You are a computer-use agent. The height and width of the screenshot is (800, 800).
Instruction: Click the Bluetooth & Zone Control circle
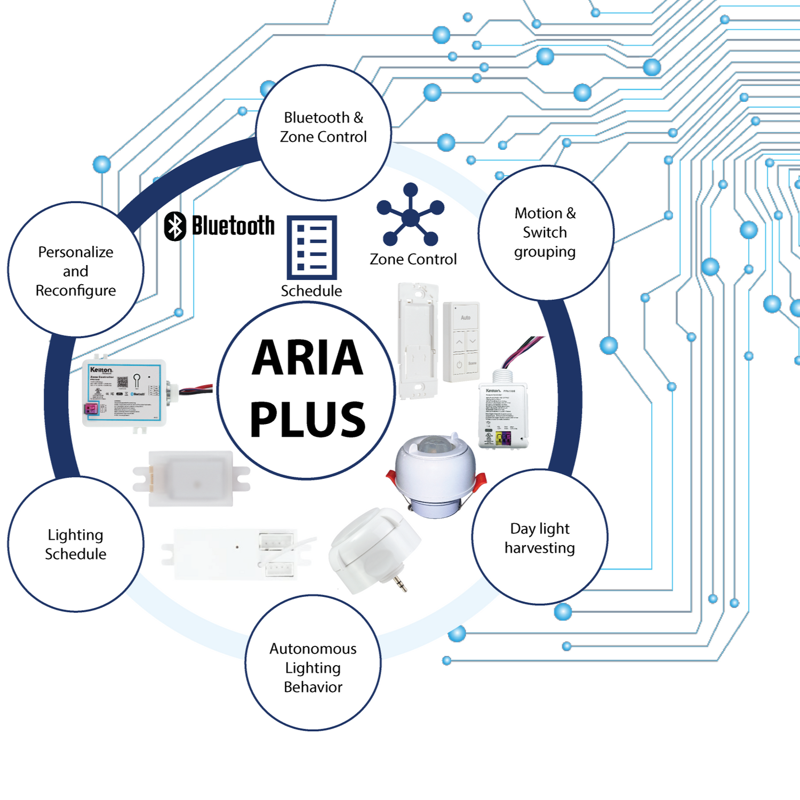click(323, 132)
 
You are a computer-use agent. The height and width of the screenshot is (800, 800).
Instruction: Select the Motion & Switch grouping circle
click(545, 233)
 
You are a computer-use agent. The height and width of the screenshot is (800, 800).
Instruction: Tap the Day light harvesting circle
click(540, 537)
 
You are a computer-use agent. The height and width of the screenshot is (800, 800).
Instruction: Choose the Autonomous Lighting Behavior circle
click(313, 662)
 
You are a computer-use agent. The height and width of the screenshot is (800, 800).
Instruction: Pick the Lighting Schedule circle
click(76, 544)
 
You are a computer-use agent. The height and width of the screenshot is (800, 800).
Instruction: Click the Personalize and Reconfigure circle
click(76, 270)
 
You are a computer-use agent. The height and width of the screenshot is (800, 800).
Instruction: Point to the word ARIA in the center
click(307, 358)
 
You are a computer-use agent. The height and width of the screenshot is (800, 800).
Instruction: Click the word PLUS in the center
click(308, 420)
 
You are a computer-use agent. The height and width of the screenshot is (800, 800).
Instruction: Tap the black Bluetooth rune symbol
click(175, 226)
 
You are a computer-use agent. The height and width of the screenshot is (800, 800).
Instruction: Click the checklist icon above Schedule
click(311, 247)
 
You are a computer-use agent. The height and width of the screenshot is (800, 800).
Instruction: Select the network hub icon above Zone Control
click(410, 215)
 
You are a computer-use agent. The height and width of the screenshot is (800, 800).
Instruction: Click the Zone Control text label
click(413, 259)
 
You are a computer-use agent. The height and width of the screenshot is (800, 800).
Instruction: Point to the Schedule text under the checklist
click(311, 291)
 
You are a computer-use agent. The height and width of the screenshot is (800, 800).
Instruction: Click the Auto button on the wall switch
click(465, 317)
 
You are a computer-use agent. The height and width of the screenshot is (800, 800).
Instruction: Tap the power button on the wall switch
click(459, 365)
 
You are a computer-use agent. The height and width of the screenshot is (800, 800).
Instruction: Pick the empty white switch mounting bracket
click(418, 341)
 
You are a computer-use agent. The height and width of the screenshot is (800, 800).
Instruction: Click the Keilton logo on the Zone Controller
click(101, 370)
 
